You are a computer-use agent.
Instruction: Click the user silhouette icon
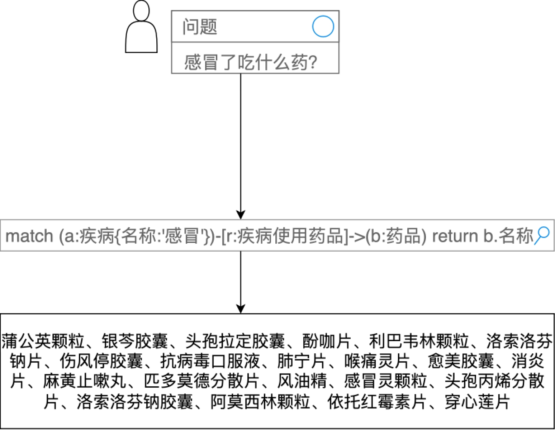coord(141,27)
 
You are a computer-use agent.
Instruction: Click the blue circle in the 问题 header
coord(323,27)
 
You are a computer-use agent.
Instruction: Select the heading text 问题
coord(200,27)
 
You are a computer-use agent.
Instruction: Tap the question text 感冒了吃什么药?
coord(251,62)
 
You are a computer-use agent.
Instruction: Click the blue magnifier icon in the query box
coord(542,235)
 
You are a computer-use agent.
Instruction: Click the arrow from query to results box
coord(241,282)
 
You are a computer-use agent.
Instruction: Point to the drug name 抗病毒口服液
coord(210,361)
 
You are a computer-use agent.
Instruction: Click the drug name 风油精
coord(302,381)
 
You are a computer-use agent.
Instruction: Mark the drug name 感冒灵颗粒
coord(385,381)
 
